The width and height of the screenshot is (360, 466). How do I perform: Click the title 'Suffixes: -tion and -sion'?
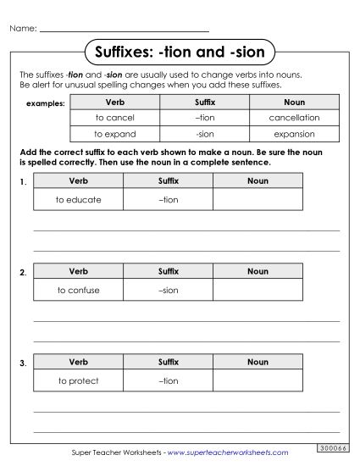180,53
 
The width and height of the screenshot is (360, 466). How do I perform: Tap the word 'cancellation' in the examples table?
294,118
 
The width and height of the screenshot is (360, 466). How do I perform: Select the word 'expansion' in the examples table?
294,134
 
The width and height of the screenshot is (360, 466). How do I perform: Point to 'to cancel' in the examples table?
114,118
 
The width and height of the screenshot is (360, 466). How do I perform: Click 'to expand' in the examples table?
114,134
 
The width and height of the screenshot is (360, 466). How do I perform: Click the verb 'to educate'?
78,200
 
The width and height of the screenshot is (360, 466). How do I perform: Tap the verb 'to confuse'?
78,290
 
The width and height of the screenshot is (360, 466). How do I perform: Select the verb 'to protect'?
78,380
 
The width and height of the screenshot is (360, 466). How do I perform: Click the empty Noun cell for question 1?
258,200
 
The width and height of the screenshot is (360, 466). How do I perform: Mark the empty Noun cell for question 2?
258,290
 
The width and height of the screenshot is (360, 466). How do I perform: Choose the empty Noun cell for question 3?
258,380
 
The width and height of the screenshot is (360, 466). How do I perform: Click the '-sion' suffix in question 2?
169,290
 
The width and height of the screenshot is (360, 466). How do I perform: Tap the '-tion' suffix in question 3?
169,380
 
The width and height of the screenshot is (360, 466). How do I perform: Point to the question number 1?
22,183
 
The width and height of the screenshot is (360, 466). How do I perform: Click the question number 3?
22,363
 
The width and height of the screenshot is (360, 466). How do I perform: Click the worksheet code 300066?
331,447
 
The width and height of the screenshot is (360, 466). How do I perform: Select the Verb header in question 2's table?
78,271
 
